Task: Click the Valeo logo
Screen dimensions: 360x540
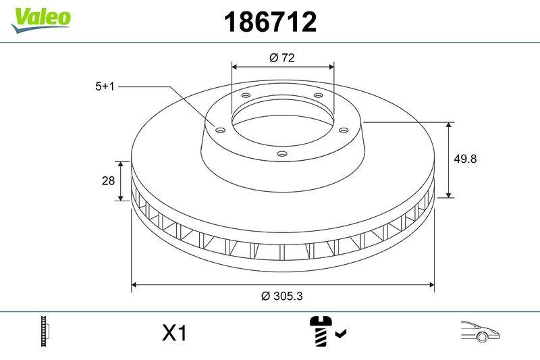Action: click(40, 18)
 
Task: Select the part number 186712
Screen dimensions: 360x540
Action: click(270, 22)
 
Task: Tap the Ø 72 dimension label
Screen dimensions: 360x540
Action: click(282, 58)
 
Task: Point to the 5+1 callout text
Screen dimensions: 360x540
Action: click(105, 86)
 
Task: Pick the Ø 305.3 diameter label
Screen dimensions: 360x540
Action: click(281, 296)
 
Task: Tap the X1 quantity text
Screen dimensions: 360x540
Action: click(174, 333)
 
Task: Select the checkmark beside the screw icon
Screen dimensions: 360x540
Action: click(341, 333)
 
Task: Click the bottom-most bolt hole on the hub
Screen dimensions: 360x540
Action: click(282, 155)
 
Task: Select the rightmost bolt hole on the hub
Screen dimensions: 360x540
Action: click(343, 130)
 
